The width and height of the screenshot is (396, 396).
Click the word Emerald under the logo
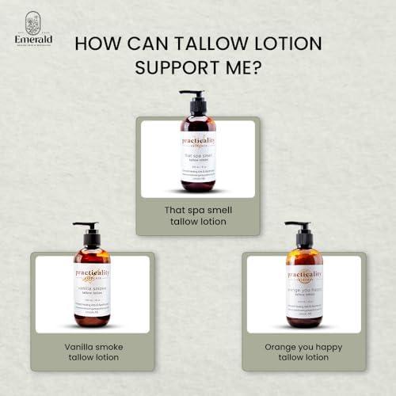click(x=32, y=39)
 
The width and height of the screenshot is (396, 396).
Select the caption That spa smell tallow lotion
click(x=197, y=215)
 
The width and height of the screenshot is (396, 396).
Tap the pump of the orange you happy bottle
click(x=302, y=230)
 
